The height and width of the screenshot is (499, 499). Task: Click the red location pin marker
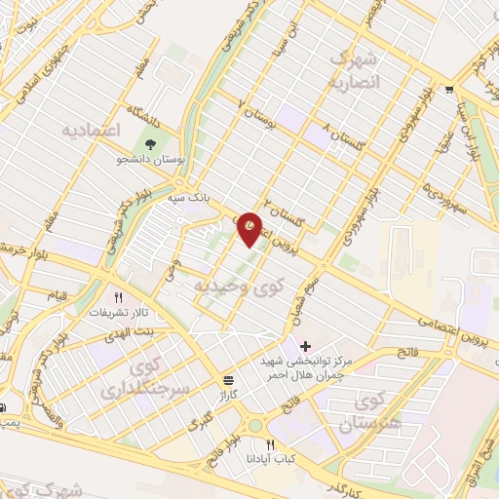point(250,228)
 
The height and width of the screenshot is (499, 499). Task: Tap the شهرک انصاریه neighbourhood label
point(363,70)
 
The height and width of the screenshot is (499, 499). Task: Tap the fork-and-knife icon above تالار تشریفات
point(118,298)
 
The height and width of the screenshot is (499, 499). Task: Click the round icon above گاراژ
point(227,379)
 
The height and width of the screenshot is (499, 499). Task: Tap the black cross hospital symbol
point(306,346)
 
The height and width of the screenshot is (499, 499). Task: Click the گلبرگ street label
point(199,422)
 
